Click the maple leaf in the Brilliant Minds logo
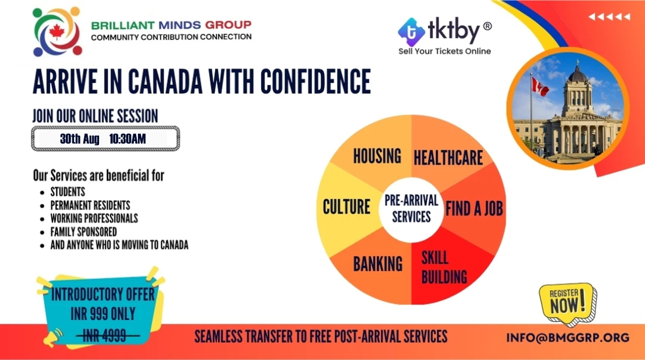click(57, 32)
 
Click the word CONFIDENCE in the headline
click(315, 81)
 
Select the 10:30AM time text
click(127, 139)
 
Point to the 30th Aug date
click(80, 139)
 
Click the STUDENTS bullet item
click(68, 192)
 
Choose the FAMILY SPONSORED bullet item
click(84, 232)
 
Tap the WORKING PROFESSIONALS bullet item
click(94, 218)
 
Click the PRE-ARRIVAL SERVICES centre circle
click(411, 210)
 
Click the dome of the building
click(578, 73)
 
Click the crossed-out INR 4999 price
click(105, 337)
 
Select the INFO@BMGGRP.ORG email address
click(568, 338)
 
